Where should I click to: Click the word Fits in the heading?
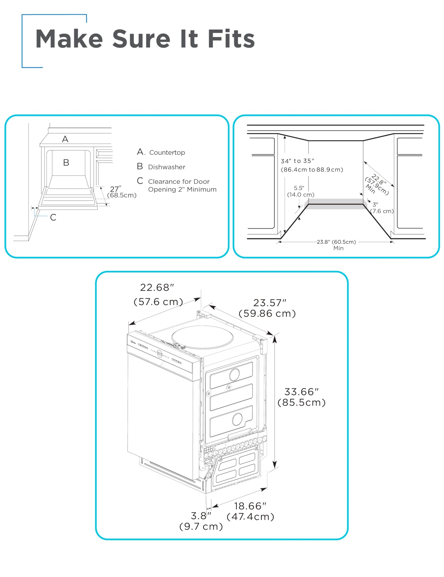point(231,39)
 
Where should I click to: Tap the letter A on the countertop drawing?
point(65,139)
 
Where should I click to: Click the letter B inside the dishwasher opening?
point(66,162)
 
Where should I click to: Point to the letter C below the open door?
point(53,217)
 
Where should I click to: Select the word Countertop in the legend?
point(167,152)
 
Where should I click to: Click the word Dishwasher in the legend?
point(167,167)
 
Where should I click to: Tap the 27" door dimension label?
point(115,189)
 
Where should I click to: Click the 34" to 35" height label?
point(297,161)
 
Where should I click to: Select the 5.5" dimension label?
point(299,188)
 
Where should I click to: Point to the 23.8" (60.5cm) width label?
point(336,242)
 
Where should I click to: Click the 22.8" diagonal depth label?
point(379,180)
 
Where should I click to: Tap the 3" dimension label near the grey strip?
point(375,204)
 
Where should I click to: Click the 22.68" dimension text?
point(157,287)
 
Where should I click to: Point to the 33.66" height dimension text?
point(301,392)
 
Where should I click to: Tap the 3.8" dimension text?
point(201,516)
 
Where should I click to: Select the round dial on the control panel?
point(160,353)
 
